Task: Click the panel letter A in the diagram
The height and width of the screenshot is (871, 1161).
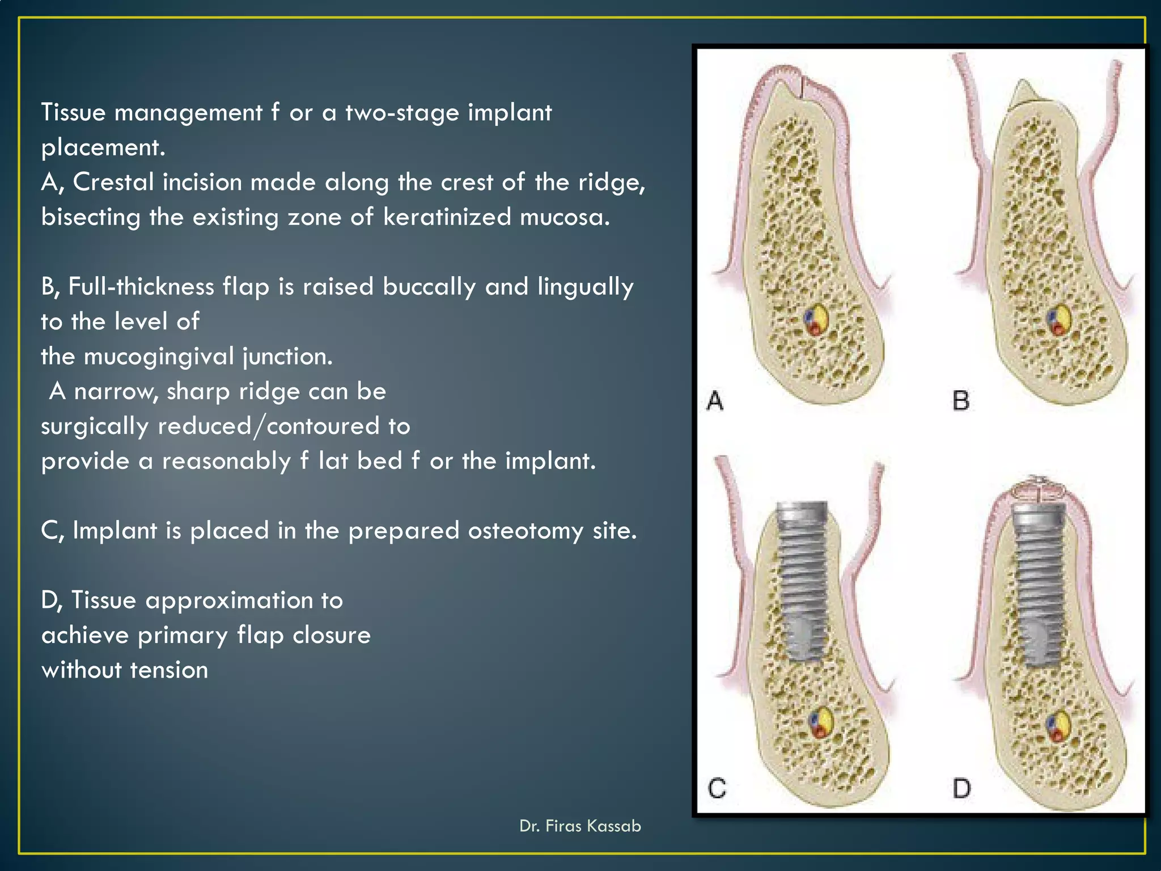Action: (x=715, y=401)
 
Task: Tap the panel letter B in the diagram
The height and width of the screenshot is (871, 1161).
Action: (x=961, y=401)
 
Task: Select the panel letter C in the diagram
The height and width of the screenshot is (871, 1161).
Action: (x=717, y=788)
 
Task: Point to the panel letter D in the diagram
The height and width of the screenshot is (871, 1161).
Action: (x=961, y=788)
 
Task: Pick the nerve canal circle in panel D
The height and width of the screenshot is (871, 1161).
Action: (x=1058, y=727)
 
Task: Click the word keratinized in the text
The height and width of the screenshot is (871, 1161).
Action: (x=447, y=217)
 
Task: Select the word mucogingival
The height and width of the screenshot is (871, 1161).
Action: (x=159, y=357)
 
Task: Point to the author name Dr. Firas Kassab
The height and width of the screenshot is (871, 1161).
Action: (x=580, y=826)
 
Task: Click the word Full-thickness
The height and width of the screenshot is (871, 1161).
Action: (x=141, y=287)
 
